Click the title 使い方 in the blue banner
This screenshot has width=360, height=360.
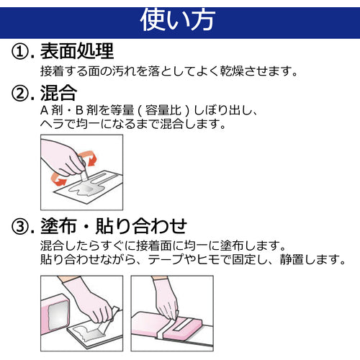(x=178, y=20)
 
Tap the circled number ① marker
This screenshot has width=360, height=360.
(x=20, y=51)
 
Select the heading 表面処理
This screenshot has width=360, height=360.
(x=77, y=51)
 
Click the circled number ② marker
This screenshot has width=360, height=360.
(x=20, y=94)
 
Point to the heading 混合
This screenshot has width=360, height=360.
(x=58, y=93)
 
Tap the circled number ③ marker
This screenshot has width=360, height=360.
(x=20, y=226)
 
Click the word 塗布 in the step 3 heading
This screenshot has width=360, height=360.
(x=58, y=226)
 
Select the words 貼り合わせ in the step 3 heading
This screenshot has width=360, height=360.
(x=141, y=226)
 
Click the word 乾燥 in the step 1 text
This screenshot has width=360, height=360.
(x=232, y=71)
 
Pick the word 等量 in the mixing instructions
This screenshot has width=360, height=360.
(x=122, y=110)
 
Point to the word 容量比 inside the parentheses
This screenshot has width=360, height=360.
(x=163, y=110)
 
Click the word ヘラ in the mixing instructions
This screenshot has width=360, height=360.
(x=52, y=124)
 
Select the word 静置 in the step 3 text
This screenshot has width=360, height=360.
(x=292, y=259)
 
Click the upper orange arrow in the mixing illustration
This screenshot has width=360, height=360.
(x=89, y=158)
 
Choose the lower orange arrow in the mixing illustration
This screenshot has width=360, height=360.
(x=58, y=179)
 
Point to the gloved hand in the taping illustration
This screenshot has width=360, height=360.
(x=166, y=297)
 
